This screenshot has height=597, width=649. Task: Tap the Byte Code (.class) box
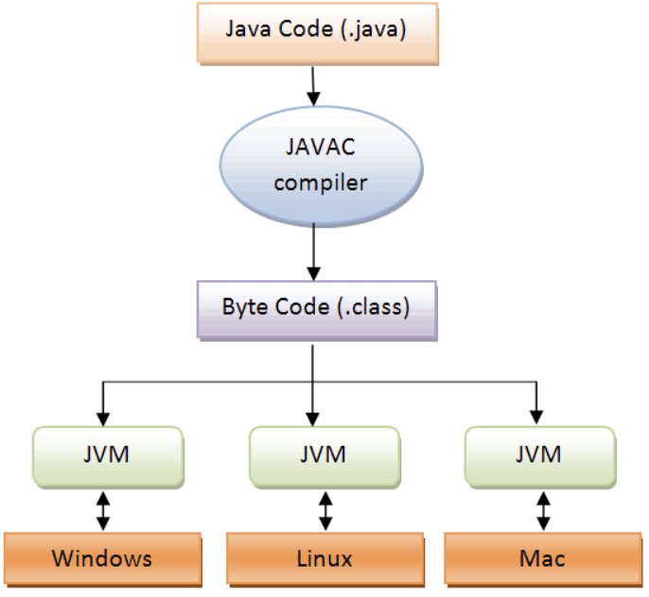[315, 308]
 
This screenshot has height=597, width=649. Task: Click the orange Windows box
[102, 557]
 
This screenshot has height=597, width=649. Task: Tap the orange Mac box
[541, 557]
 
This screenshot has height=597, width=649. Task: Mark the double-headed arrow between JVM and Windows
[103, 509]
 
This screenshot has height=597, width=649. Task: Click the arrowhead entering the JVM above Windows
[101, 417]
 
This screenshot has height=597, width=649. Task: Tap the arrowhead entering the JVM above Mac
[536, 417]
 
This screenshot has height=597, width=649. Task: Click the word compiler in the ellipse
[320, 182]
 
